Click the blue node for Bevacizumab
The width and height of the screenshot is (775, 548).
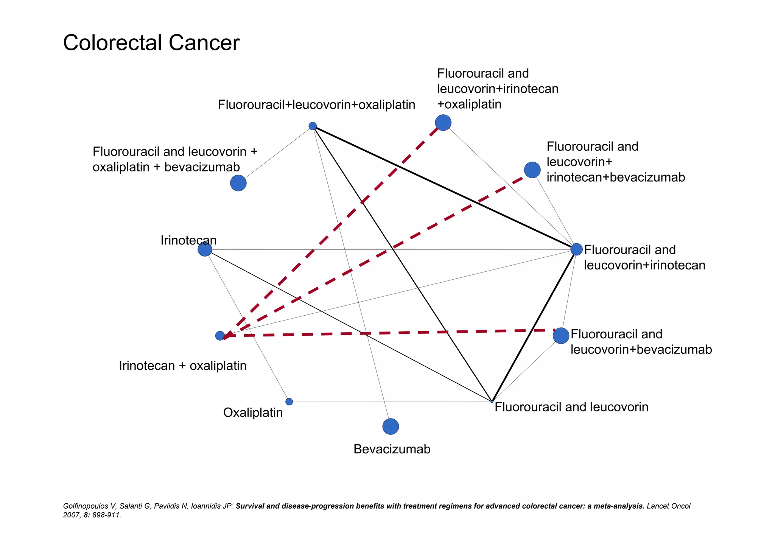(391, 427)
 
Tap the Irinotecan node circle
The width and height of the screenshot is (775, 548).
(205, 249)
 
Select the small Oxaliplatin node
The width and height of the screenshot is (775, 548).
(289, 402)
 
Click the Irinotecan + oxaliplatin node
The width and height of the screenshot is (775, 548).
(220, 336)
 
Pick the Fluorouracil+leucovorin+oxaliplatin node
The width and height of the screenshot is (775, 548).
(313, 126)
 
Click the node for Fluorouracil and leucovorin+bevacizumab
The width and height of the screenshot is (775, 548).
(561, 336)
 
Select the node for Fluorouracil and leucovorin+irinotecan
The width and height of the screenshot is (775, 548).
(576, 249)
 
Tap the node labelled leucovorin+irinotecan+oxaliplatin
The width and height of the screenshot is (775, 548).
(443, 123)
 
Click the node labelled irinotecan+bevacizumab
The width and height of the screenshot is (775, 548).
(532, 170)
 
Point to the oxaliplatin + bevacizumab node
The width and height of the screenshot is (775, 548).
(238, 183)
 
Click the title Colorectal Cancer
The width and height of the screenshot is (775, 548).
(151, 43)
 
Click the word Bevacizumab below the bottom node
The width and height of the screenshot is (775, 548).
(392, 449)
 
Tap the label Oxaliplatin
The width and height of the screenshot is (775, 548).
(253, 413)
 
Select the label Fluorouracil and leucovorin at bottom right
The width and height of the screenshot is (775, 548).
(571, 407)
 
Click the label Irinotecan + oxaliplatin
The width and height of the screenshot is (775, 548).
(182, 366)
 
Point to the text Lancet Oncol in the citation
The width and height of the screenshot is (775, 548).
(668, 506)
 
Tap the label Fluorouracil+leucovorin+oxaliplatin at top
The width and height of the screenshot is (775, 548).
(316, 105)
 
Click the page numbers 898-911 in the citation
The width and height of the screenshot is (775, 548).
(107, 515)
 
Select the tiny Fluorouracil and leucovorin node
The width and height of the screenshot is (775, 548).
(492, 402)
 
